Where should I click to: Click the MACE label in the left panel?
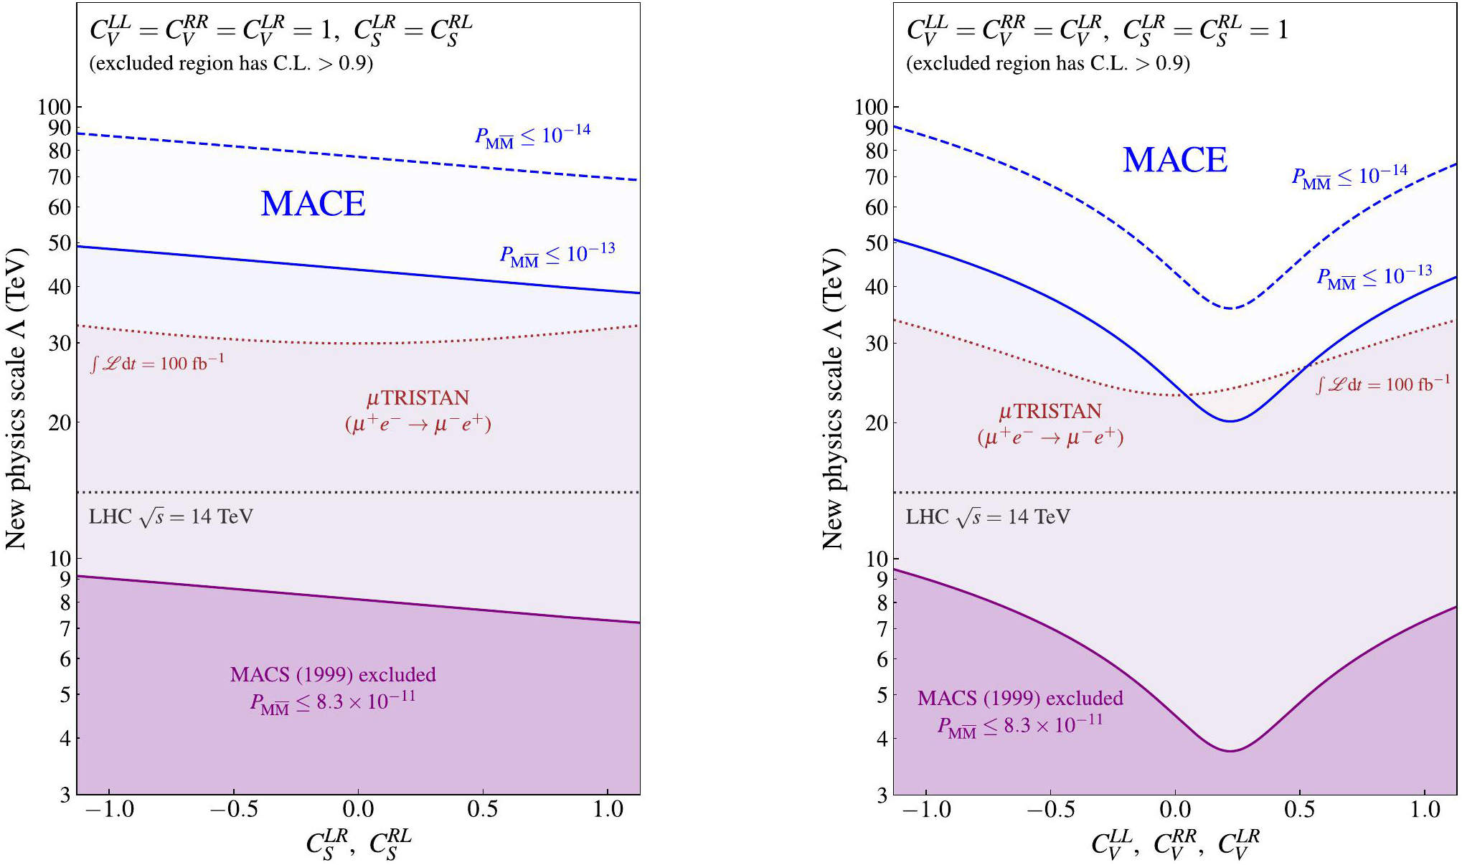pos(313,204)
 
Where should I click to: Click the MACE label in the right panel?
pos(1175,160)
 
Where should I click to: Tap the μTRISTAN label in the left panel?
pos(418,398)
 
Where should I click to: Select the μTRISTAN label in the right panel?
pos(1050,412)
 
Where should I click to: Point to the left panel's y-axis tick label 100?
pos(55,107)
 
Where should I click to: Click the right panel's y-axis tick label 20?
pos(877,422)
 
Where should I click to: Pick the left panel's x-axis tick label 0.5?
pos(482,810)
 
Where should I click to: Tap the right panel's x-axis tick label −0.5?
pos(1050,810)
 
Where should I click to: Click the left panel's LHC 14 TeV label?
pos(171,517)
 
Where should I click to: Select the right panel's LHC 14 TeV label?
pos(988,517)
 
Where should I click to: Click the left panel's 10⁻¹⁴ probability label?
pos(533,135)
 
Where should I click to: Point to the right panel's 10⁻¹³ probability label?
pos(1374,277)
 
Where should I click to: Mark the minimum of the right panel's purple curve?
pos(1230,750)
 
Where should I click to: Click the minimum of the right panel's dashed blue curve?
pos(1230,308)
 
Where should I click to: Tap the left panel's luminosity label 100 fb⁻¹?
pos(158,363)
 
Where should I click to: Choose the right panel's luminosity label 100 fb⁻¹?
pos(1383,384)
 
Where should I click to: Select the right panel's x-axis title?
pos(1175,843)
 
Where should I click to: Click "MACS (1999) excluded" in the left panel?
pos(333,675)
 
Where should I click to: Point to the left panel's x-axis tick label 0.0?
pos(358,810)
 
